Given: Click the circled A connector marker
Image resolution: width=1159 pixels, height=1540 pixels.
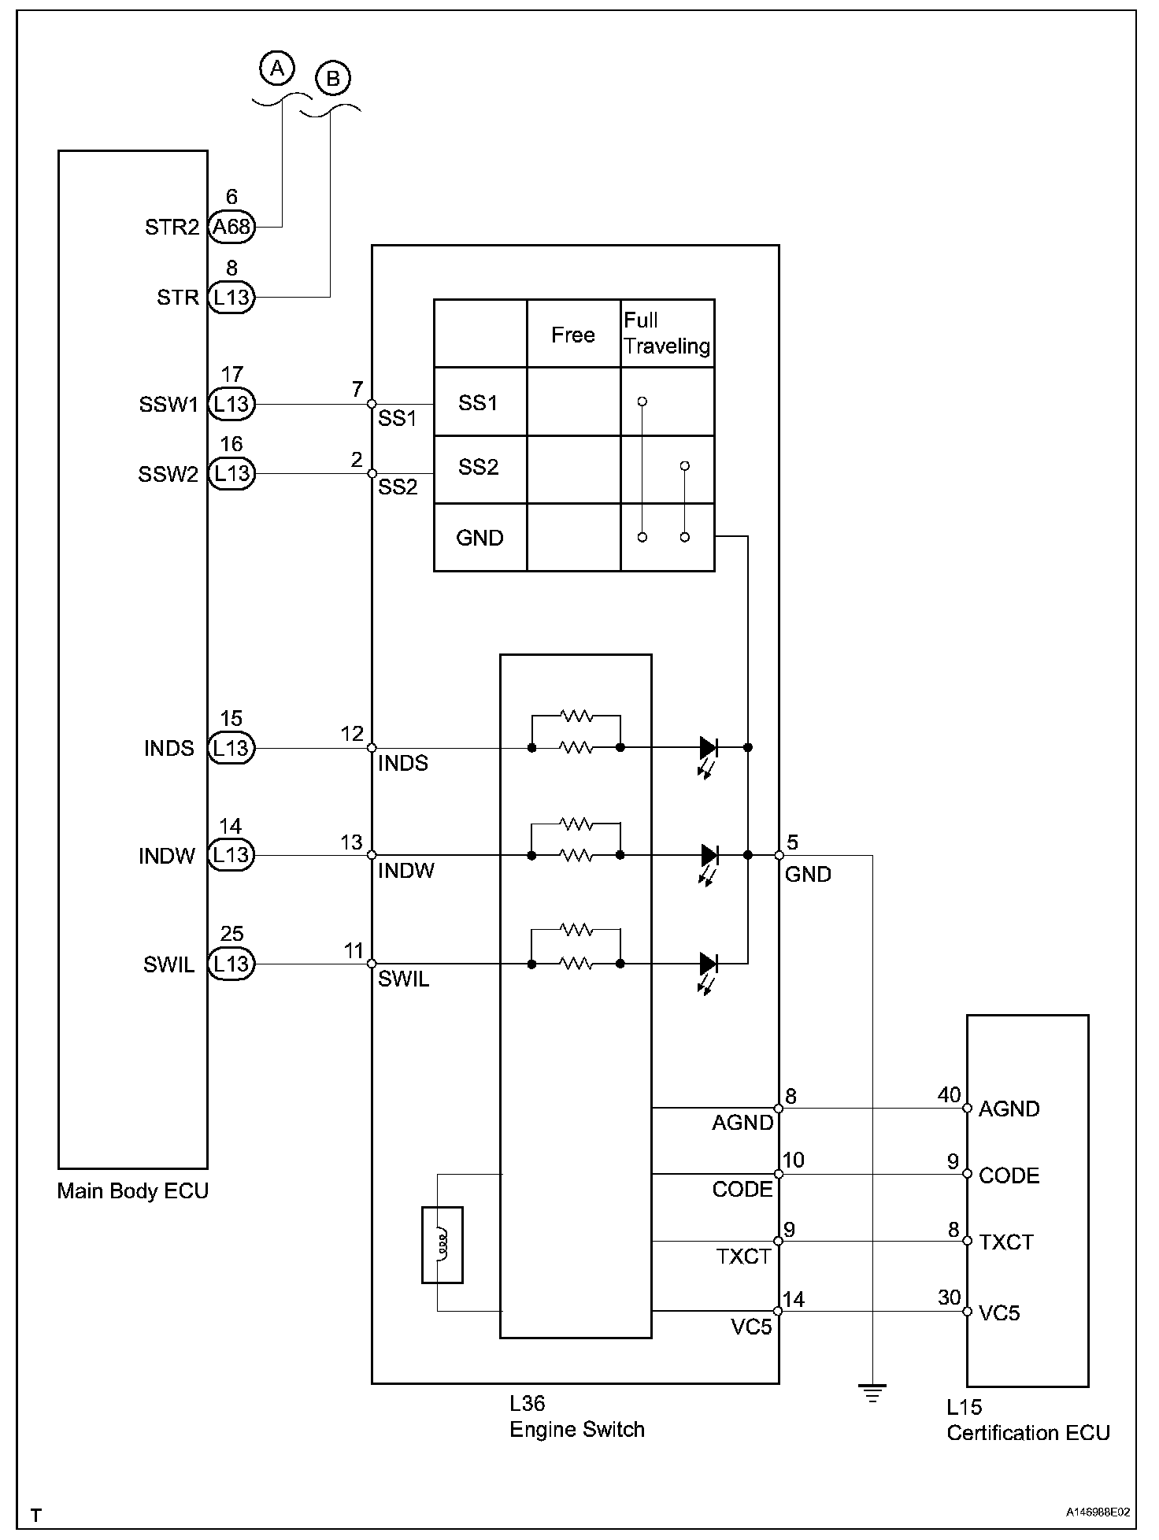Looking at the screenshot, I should (276, 68).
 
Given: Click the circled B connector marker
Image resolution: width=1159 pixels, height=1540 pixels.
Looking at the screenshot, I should (332, 78).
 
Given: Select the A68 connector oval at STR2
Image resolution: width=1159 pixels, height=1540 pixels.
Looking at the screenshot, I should (231, 227).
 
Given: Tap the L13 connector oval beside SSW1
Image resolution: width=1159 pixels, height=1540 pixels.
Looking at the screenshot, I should (231, 404).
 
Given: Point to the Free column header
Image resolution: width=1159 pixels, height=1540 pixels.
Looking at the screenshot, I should (573, 335).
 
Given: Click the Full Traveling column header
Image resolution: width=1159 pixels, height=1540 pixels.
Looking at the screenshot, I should (666, 333).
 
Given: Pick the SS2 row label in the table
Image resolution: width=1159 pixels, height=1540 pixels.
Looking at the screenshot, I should (479, 468).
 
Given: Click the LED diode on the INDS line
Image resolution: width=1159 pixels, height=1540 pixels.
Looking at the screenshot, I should (709, 747).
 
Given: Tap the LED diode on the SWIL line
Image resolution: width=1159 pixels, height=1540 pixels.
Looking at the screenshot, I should (709, 963).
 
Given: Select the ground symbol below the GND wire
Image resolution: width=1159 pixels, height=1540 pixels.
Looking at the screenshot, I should (872, 1394).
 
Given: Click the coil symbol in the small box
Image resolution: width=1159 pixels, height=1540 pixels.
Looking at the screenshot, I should (442, 1245).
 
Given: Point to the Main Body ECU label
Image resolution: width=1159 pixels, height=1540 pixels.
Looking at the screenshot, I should (133, 1190).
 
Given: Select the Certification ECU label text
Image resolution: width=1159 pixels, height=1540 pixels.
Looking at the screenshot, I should (1028, 1432).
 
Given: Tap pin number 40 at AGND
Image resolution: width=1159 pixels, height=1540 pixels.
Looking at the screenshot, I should (949, 1095).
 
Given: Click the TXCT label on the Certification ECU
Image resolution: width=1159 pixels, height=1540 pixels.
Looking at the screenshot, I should (1006, 1242).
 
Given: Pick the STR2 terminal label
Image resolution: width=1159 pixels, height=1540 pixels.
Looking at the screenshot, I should (172, 228).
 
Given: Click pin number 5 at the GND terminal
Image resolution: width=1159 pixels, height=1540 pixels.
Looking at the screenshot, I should (792, 842).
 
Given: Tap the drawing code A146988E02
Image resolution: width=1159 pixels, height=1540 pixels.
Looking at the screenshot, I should (1098, 1512).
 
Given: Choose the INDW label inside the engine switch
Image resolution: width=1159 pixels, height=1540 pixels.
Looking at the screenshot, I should (406, 871).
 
